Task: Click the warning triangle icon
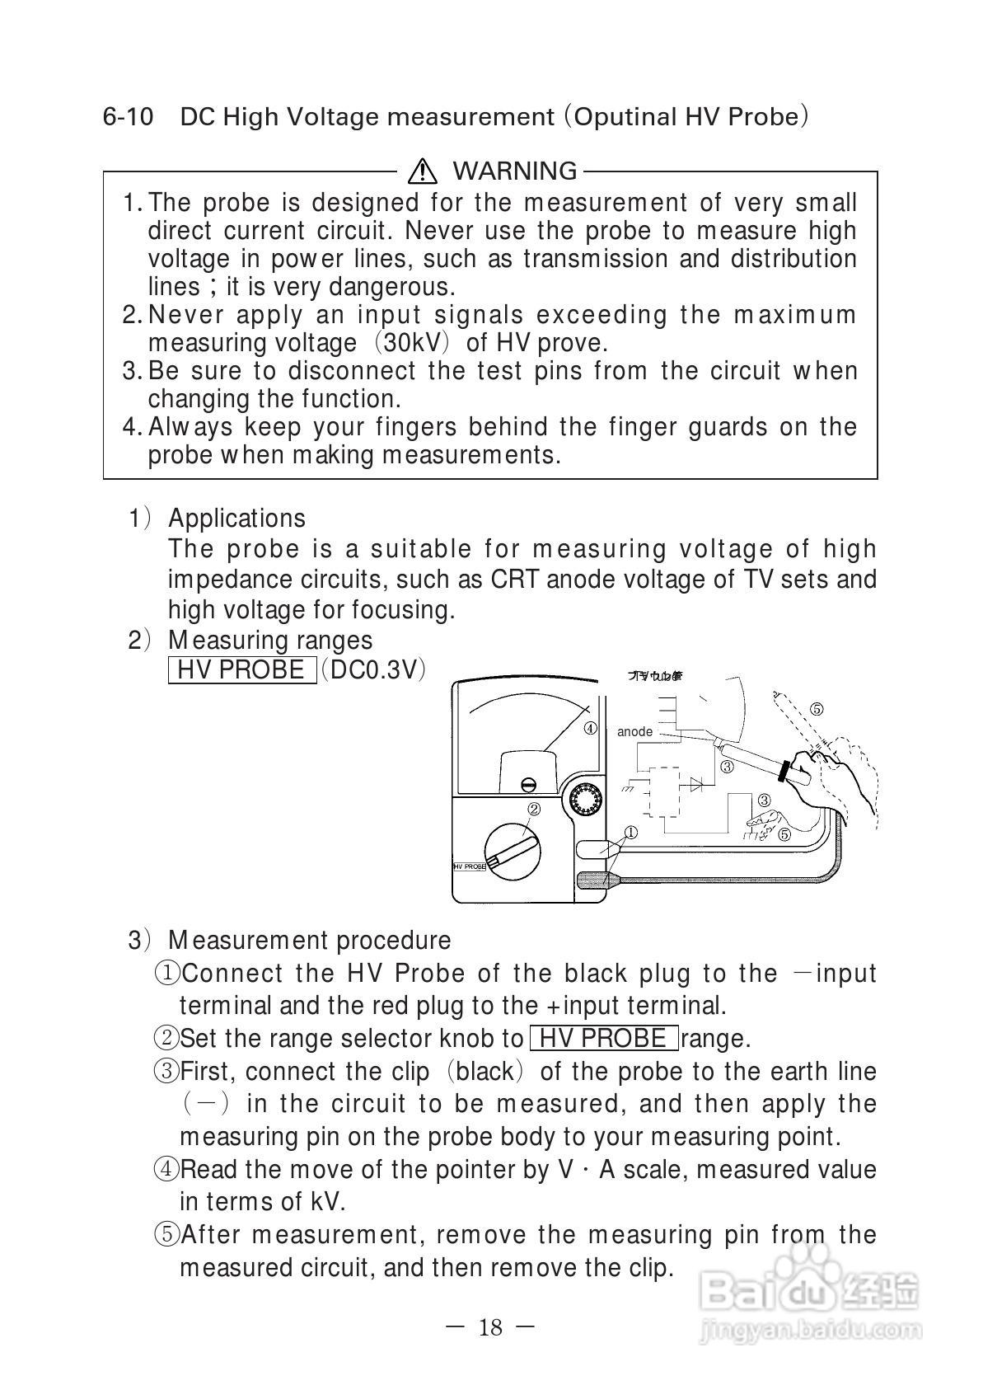[x=423, y=171]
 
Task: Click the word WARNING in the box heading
[x=515, y=171]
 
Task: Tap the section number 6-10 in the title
[x=128, y=117]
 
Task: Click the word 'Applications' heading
[x=236, y=518]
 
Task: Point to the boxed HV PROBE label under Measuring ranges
[x=241, y=669]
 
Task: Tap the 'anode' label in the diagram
[x=634, y=731]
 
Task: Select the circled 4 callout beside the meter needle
[x=591, y=728]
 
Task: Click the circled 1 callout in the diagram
[x=630, y=832]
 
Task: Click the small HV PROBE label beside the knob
[x=470, y=866]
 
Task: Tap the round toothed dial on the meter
[x=584, y=800]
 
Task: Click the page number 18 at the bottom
[x=489, y=1327]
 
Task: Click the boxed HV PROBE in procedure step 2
[x=604, y=1038]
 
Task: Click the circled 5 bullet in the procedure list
[x=167, y=1235]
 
